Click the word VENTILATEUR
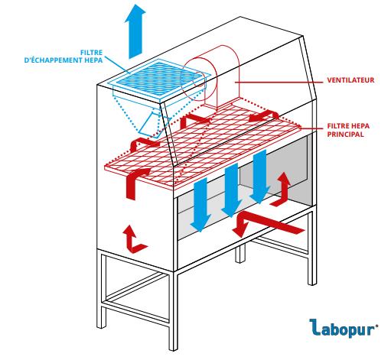350,80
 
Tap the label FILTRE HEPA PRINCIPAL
348,130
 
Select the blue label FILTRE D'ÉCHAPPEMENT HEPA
64,57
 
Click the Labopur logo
344,328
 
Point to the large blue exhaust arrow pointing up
135,31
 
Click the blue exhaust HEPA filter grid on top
160,77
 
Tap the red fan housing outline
212,76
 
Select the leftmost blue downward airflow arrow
201,204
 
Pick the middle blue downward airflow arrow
231,190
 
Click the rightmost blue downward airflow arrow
259,177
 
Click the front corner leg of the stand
174,311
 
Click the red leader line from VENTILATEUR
279,82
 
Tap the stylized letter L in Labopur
314,327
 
